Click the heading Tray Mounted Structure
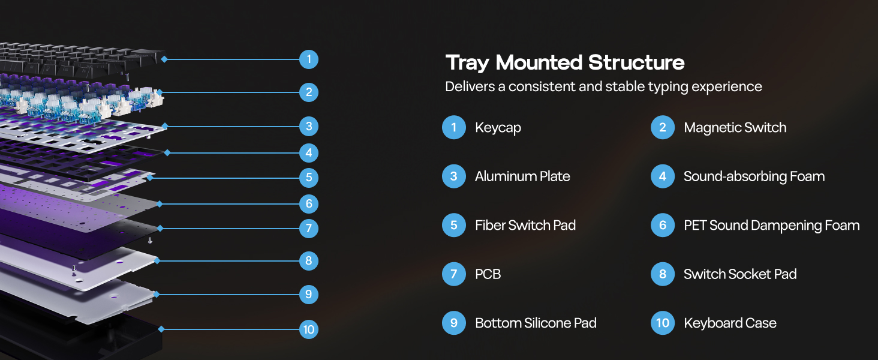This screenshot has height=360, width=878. point(565,63)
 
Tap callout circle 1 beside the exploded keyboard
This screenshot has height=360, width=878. point(309,59)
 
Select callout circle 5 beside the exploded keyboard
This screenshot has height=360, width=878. point(309,178)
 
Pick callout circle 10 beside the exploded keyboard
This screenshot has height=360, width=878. point(309,329)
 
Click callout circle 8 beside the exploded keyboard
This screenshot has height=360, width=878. point(309,261)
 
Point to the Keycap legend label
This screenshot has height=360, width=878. point(498,128)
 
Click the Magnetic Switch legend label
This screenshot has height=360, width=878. point(735,127)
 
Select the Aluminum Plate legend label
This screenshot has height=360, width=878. point(522,176)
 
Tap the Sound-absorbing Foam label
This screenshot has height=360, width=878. point(754,176)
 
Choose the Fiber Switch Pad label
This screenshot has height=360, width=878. point(525,225)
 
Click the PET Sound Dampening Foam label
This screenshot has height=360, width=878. point(772,226)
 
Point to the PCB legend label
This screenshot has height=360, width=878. point(488,274)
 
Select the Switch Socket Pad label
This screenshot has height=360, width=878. point(740,274)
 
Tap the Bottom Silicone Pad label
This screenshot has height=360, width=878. point(536,323)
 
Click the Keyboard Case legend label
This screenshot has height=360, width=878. point(730,323)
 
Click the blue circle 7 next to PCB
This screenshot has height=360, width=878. point(454,274)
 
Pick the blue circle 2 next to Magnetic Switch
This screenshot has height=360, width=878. point(663,127)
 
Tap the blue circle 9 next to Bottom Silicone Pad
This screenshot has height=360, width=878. point(454,323)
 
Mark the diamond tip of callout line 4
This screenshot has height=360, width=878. point(167,152)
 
